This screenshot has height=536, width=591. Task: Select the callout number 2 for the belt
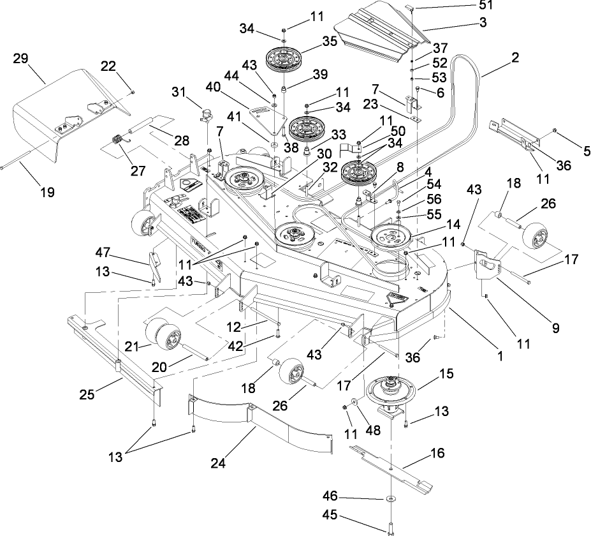pos(514,57)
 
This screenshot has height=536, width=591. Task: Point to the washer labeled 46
pos(388,499)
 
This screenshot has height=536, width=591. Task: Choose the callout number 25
pos(87,395)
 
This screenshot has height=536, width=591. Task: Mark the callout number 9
pos(555,329)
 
